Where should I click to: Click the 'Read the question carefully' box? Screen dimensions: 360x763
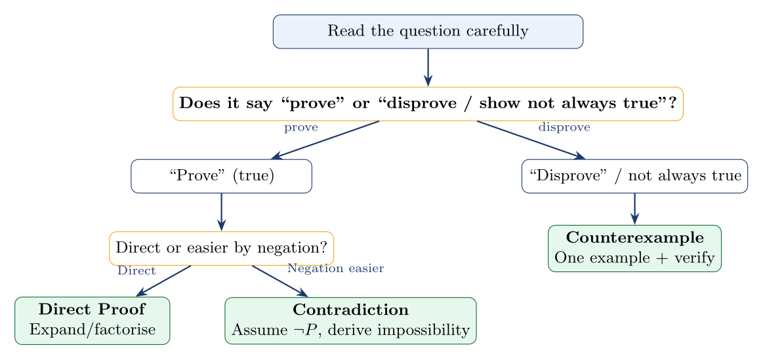pos(428,31)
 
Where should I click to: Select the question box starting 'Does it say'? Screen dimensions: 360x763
pos(428,104)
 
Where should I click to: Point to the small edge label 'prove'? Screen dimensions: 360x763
pos(300,128)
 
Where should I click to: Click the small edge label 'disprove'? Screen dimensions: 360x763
pos(564,128)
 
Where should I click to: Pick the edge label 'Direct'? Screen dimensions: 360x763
pos(136,271)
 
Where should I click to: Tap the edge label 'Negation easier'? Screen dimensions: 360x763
pos(335,268)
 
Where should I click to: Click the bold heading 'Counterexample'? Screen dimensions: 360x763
pos(634,237)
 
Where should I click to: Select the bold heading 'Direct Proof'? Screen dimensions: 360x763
pos(92,310)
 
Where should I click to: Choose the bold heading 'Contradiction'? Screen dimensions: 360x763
pos(350,310)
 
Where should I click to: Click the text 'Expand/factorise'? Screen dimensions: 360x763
pos(93,329)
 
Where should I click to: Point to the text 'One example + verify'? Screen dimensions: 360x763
pos(634,258)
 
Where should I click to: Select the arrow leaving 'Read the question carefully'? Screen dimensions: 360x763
pos(428,67)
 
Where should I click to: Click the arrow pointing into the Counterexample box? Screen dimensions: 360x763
pos(634,209)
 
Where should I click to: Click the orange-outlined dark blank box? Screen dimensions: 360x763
pos(221,249)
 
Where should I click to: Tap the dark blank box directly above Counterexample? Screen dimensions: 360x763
pos(634,176)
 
